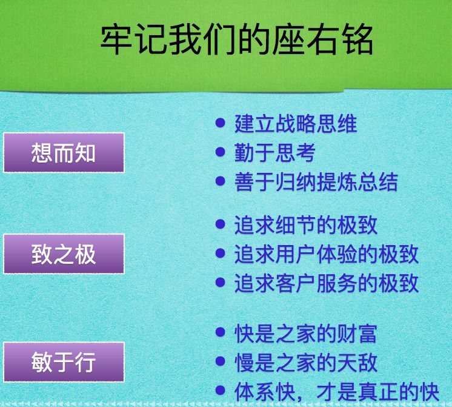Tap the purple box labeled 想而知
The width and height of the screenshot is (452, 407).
(x=64, y=152)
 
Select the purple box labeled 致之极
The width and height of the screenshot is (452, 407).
(x=64, y=254)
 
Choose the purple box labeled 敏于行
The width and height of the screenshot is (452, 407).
(x=64, y=362)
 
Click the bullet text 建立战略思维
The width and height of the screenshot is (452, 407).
(x=296, y=124)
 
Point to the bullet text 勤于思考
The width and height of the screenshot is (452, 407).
(x=275, y=153)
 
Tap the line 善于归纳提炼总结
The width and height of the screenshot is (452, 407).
(x=316, y=182)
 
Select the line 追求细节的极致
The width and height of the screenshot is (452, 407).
(x=306, y=225)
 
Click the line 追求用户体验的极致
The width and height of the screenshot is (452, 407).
(x=327, y=254)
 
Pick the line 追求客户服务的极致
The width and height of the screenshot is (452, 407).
(x=327, y=283)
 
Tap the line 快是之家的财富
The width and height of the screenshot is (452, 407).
(x=306, y=334)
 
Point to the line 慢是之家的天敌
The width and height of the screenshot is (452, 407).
(x=306, y=362)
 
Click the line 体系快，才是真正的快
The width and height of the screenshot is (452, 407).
(x=337, y=391)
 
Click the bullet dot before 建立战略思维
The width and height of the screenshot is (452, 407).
(x=220, y=123)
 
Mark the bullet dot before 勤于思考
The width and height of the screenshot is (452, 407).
(x=220, y=152)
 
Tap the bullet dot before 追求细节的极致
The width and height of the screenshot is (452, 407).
(x=220, y=224)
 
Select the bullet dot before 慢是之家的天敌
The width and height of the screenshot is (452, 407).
(x=220, y=361)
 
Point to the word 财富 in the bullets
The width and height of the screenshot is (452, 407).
(x=357, y=334)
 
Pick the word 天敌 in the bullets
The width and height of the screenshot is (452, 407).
(x=357, y=362)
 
